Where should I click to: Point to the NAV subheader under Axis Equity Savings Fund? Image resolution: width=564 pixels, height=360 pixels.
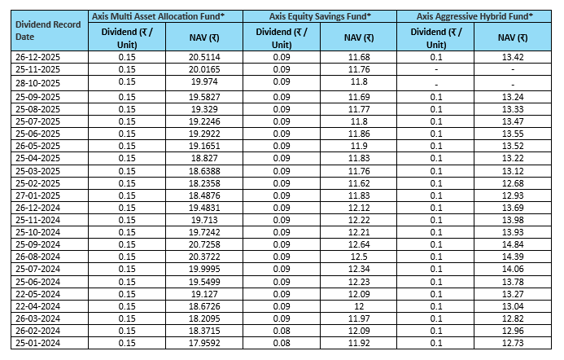[x=359, y=37]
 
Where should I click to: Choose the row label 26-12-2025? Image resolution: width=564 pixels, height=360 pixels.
[x=38, y=56]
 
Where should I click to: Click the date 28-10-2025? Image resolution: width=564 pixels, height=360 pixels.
[x=38, y=81]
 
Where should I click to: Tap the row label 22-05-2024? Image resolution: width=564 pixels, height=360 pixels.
[x=38, y=293]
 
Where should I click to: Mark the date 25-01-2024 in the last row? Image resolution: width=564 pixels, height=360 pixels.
[x=38, y=344]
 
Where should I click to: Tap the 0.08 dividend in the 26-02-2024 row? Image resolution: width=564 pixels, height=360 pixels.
[x=282, y=331]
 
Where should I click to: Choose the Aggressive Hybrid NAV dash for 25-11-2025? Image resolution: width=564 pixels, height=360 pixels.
[x=512, y=69]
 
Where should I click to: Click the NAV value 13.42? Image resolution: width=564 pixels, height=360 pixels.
[x=512, y=56]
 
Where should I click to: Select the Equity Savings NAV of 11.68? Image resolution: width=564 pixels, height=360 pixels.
[x=359, y=56]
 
